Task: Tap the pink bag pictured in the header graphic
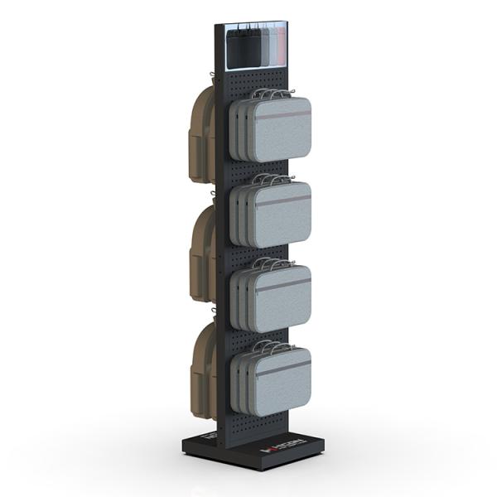point(281,45)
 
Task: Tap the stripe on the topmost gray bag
point(282,116)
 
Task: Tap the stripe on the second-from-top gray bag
point(282,200)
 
